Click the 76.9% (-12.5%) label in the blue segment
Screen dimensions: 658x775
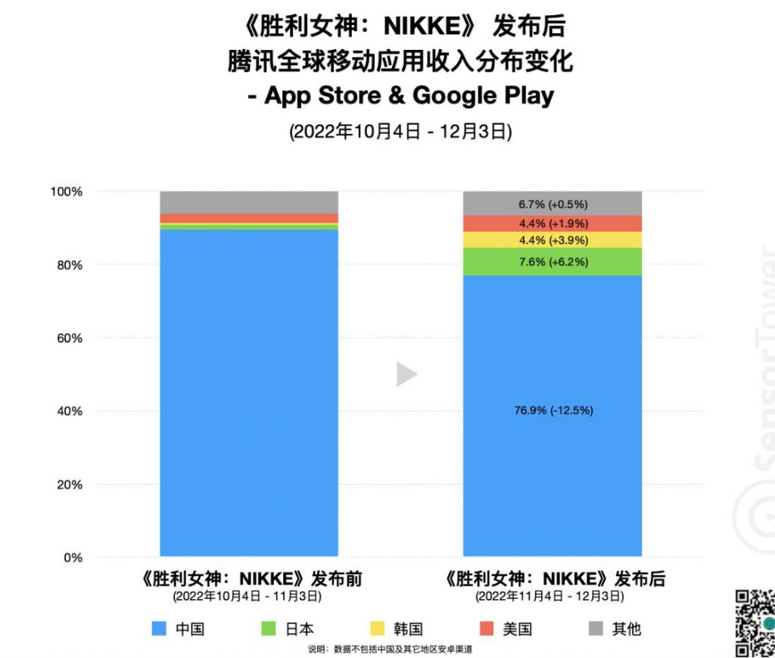coord(552,411)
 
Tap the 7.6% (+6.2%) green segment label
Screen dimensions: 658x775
coord(552,262)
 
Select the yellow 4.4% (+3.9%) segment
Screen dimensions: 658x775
coord(552,241)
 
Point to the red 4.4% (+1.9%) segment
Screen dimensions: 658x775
coord(552,224)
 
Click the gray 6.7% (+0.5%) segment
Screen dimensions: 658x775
coord(552,204)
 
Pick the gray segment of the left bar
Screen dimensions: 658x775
coord(249,202)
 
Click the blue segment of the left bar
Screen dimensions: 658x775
coord(249,393)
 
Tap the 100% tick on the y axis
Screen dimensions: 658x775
coord(66,192)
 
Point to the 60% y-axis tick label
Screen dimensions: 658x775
coord(68,338)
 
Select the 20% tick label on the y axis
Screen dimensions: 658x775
coord(68,485)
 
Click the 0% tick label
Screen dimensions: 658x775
coord(71,558)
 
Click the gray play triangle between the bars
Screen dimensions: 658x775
coord(406,374)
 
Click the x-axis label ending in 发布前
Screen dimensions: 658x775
coord(248,579)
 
